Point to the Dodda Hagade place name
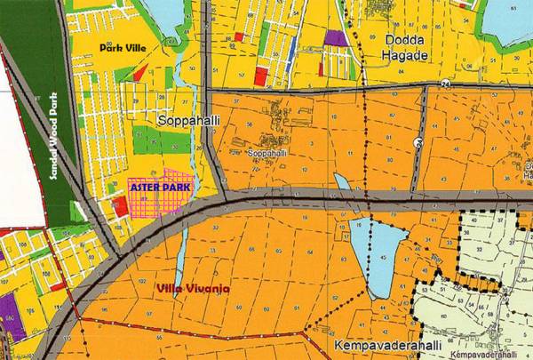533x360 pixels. [x=407, y=46]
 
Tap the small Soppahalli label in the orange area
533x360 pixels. [x=269, y=153]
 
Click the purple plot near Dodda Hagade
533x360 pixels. [x=335, y=38]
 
